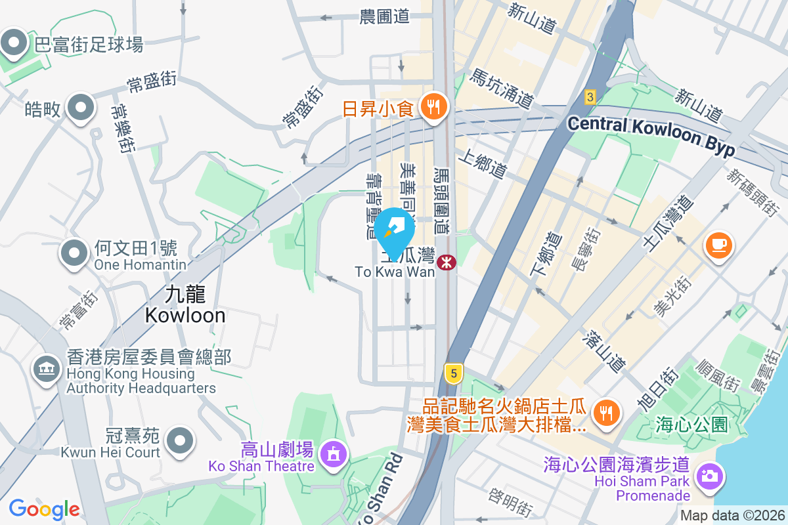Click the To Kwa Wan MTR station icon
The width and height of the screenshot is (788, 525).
(447, 262)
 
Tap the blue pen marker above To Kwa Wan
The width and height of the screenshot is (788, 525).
(395, 230)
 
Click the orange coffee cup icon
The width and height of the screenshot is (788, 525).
(718, 245)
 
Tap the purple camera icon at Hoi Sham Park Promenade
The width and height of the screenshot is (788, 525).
(709, 474)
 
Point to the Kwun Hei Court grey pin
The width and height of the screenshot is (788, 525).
(179, 440)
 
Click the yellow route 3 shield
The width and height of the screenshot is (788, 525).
(590, 97)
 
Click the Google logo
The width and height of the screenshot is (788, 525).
(45, 509)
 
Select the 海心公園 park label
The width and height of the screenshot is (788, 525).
(691, 425)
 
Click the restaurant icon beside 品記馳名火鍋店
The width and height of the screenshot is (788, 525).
(603, 412)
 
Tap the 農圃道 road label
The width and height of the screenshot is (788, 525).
(385, 17)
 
